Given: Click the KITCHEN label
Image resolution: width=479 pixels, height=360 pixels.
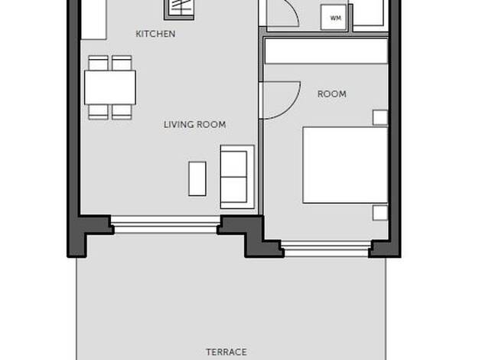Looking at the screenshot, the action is click(155, 34).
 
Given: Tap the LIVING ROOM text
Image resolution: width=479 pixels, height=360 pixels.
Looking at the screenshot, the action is click(195, 125).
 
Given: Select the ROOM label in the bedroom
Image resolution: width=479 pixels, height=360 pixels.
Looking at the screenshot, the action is click(332, 94).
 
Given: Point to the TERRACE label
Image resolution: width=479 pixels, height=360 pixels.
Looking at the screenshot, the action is click(226, 352).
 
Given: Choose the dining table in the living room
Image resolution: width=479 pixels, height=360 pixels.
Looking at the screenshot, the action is click(110, 87).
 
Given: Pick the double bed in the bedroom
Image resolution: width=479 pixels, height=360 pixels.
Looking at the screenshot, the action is click(346, 165).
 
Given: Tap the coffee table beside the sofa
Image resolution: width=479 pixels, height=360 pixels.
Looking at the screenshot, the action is click(197, 178).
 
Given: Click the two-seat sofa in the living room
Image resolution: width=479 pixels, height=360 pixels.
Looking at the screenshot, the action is click(237, 177).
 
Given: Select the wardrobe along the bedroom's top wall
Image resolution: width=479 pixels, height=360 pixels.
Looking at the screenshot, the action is click(326, 51).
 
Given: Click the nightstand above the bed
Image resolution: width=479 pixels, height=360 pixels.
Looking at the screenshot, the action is click(380, 118).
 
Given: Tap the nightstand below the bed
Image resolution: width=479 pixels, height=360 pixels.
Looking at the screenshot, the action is click(380, 213).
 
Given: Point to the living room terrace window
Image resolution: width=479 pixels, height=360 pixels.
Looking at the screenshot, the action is click(165, 224).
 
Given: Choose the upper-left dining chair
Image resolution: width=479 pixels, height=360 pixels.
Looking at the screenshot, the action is click(98, 63).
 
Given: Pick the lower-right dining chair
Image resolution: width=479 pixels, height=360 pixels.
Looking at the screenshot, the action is click(122, 112).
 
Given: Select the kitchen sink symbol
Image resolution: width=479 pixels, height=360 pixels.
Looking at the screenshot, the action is click(179, 10).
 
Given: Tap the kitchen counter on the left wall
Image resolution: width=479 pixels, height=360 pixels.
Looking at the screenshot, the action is click(93, 20).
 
